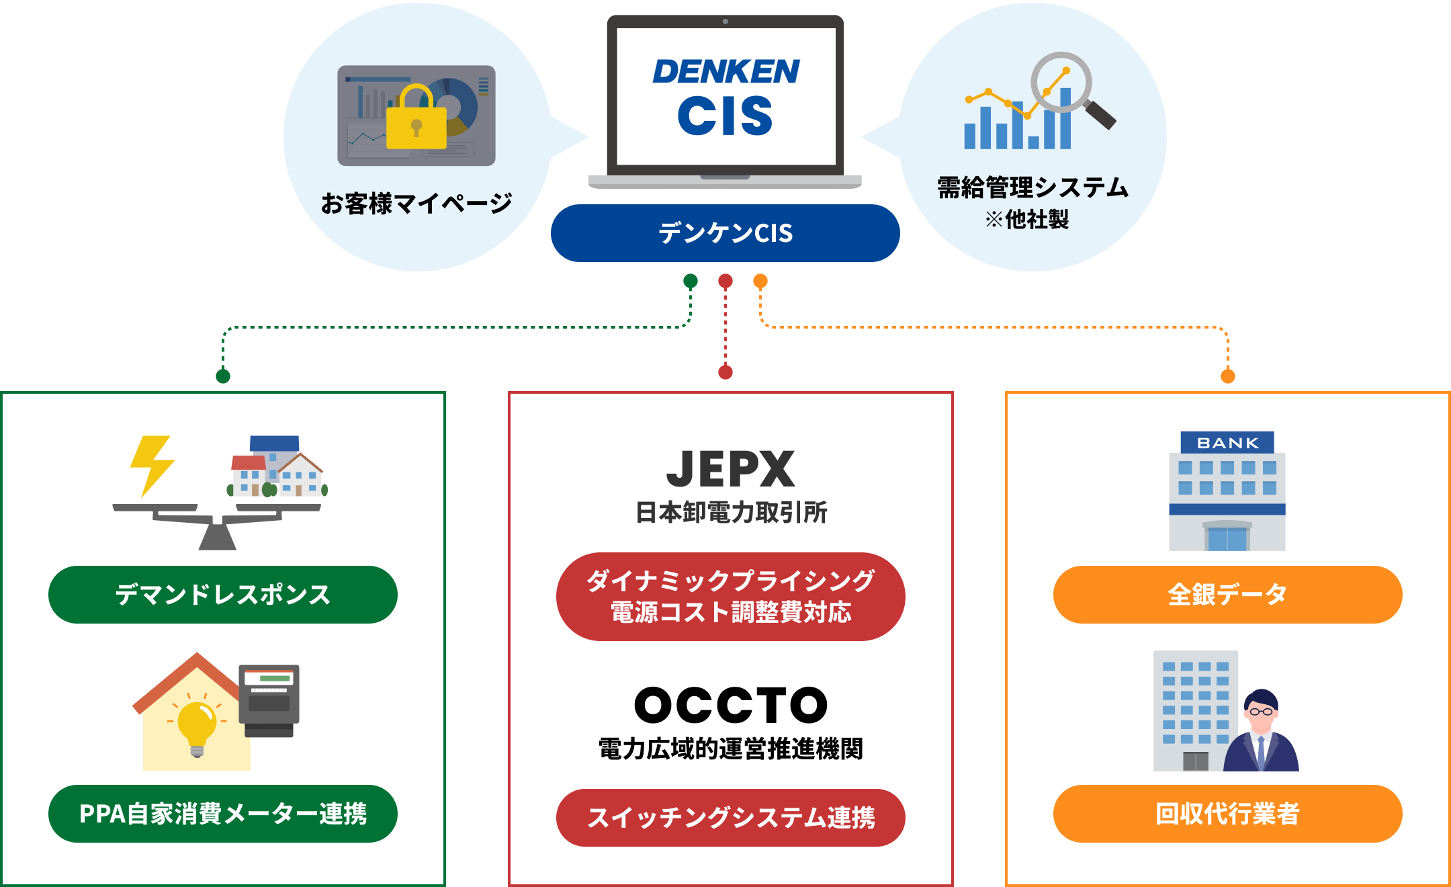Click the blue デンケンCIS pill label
[725, 233]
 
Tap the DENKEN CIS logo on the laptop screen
[725, 97]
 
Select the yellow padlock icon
[416, 120]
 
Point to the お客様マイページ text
[416, 203]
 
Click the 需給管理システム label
[1032, 187]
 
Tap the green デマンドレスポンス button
[222, 595]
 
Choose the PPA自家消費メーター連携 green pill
[222, 814]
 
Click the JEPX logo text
[730, 469]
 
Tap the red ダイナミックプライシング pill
[730, 597]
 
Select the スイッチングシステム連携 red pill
[730, 818]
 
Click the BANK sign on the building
[1227, 443]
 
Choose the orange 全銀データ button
[1227, 595]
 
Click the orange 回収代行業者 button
[1227, 814]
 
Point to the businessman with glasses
[1262, 732]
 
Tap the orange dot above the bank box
[1228, 376]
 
